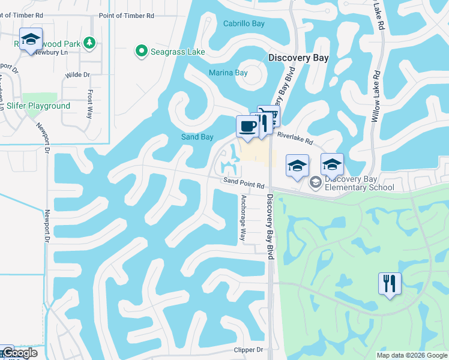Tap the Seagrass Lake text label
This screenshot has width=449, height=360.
pos(178,52)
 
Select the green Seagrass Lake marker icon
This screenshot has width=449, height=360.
pos(142,52)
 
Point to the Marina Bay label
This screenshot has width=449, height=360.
pos(228,73)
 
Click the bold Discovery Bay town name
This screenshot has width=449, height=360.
pos(298,58)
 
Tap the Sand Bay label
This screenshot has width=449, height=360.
pos(197,137)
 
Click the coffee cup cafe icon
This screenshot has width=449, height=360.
pos(247,127)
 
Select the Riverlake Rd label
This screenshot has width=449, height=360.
pos(295,139)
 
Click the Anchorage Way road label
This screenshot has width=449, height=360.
pos(244,218)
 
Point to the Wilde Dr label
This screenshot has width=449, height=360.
pos(77,75)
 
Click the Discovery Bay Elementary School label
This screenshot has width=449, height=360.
pos(359,183)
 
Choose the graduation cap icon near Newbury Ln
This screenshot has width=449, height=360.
pos(31,40)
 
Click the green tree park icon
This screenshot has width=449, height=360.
pos(89,43)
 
